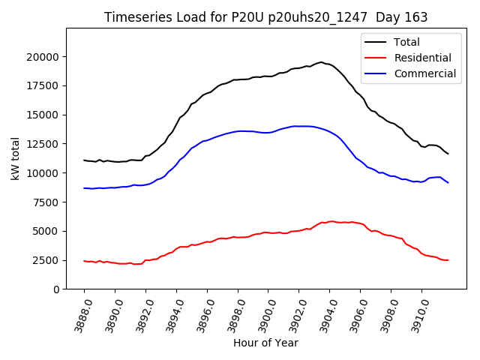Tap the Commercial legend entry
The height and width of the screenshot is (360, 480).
(424, 73)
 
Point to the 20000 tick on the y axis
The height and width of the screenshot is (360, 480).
(42, 57)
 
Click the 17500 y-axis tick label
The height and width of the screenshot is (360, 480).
(42, 85)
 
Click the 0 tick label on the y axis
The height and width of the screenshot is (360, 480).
(56, 289)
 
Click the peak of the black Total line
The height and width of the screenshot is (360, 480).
(321, 62)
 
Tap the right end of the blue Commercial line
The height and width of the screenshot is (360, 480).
(448, 182)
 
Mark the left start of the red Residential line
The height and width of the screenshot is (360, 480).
(84, 260)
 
